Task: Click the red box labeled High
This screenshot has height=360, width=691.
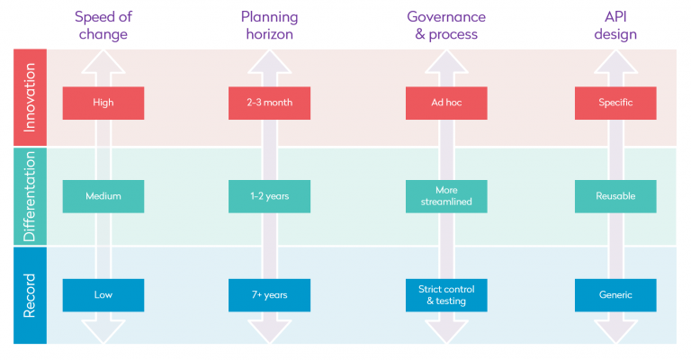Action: (103, 103)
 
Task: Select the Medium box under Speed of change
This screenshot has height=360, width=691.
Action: (103, 196)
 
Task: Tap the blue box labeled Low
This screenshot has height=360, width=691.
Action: (103, 295)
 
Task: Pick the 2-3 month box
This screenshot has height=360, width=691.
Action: (269, 103)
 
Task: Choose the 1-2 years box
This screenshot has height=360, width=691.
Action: (269, 196)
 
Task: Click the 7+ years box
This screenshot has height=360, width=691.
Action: (269, 295)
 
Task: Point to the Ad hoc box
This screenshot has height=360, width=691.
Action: (446, 103)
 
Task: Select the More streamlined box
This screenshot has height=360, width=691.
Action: (446, 196)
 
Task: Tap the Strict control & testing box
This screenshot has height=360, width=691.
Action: (446, 295)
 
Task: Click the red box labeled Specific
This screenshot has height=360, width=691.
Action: (615, 103)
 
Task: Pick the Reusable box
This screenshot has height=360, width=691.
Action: (615, 196)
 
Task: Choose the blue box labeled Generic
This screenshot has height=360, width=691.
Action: (615, 295)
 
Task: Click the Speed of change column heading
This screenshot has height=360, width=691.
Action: (102, 25)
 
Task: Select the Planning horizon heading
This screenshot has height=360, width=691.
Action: (269, 25)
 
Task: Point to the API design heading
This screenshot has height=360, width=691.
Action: (615, 25)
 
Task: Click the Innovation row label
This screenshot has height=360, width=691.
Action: (30, 97)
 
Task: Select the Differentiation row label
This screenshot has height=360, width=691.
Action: (30, 196)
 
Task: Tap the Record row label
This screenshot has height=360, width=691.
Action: (30, 295)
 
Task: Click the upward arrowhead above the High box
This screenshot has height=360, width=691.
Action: (103, 61)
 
